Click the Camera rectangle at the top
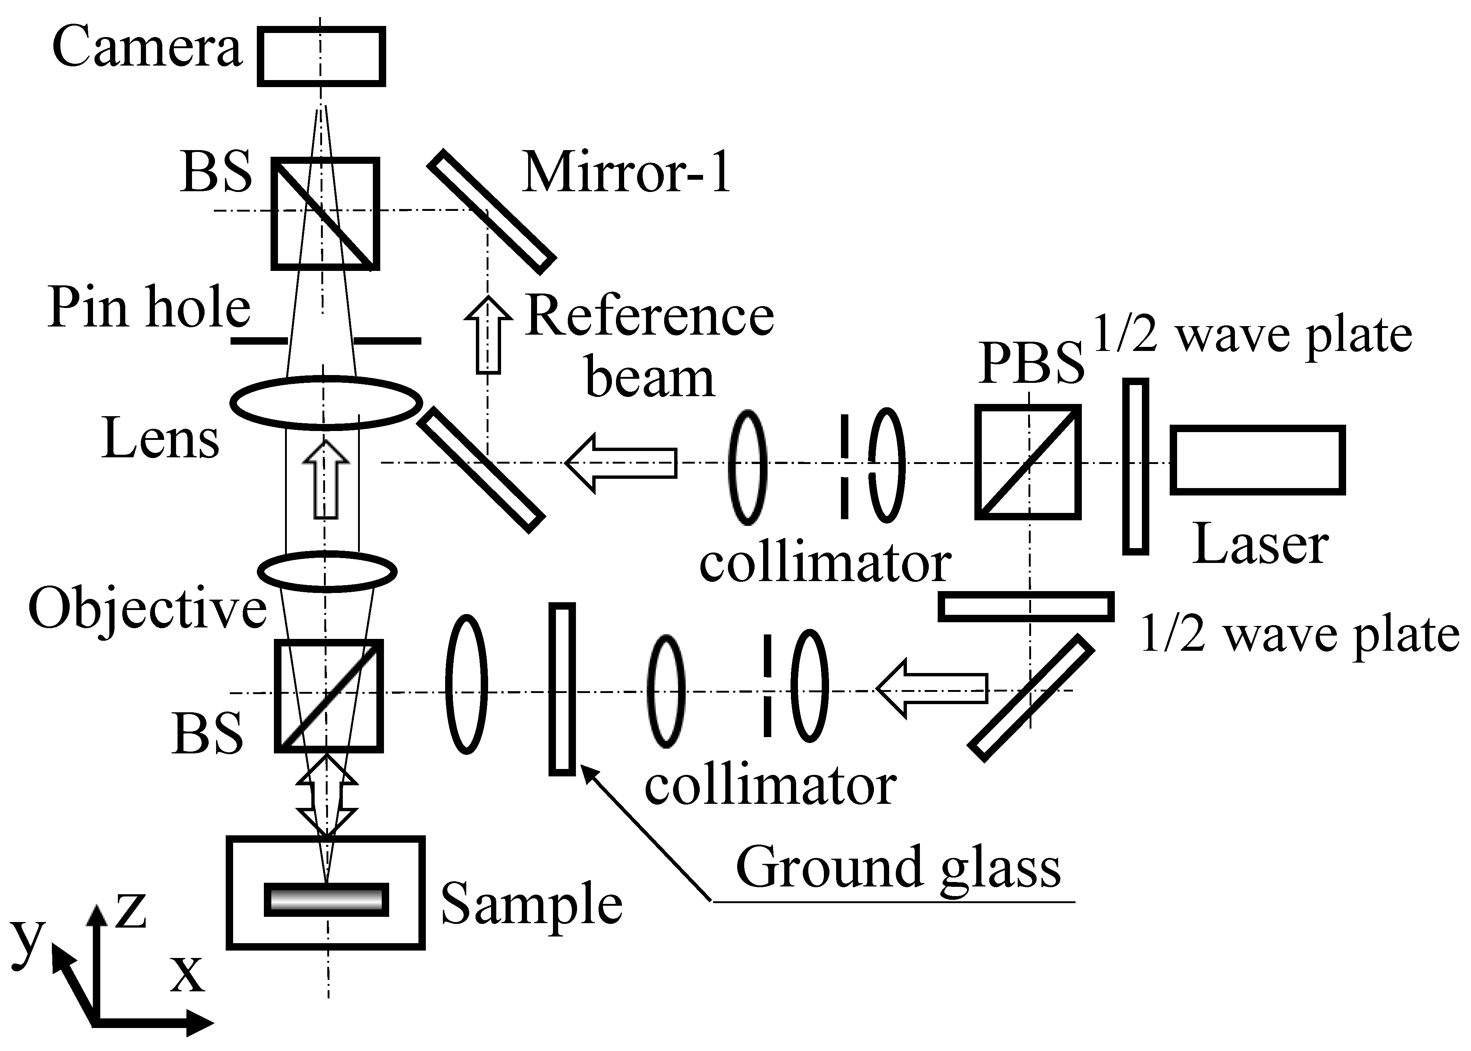pyautogui.click(x=322, y=56)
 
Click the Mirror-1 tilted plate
pyautogui.click(x=492, y=212)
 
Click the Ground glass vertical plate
pyautogui.click(x=562, y=689)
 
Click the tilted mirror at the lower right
pyautogui.click(x=1031, y=698)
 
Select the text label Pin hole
pyautogui.click(x=149, y=308)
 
